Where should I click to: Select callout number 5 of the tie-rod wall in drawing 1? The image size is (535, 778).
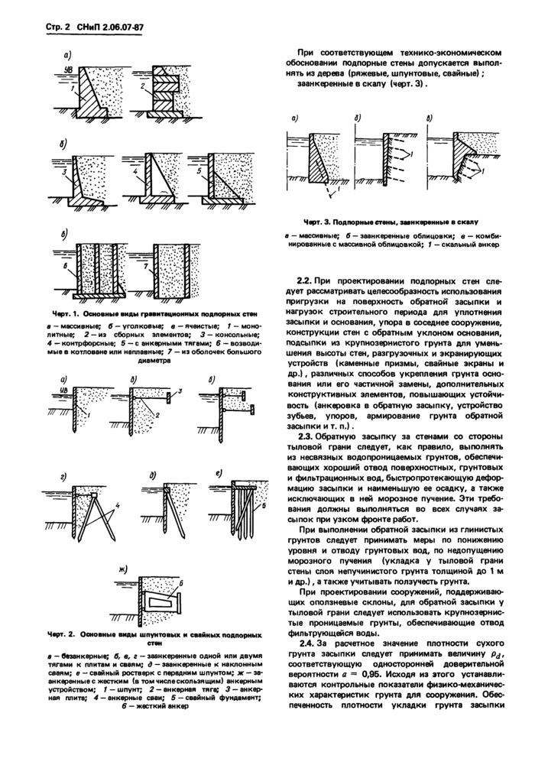pyautogui.click(x=200, y=173)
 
